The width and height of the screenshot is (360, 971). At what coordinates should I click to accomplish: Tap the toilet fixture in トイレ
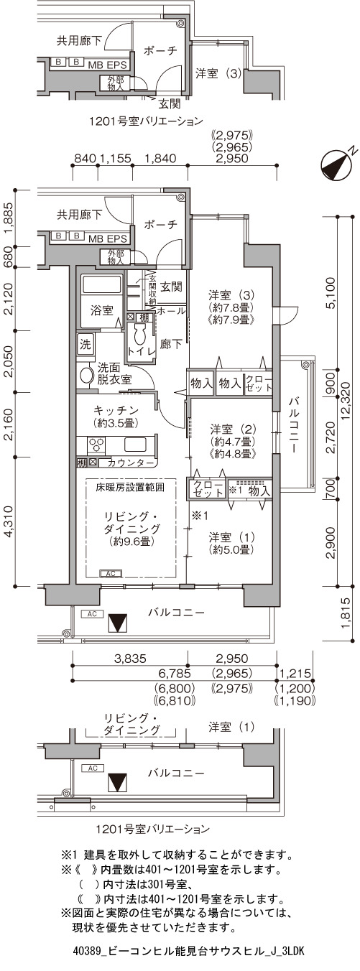pyautogui.click(x=141, y=335)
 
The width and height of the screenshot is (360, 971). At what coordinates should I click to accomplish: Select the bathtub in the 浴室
pyautogui.click(x=102, y=285)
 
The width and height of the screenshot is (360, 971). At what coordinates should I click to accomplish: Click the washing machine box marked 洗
pyautogui.click(x=86, y=345)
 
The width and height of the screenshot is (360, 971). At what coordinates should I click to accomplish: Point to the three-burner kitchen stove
pyautogui.click(x=96, y=445)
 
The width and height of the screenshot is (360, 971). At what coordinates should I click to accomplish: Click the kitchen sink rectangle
pyautogui.click(x=137, y=445)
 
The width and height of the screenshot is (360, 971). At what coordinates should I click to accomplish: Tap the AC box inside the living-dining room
pyautogui.click(x=111, y=574)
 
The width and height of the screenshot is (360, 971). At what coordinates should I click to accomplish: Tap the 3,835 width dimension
pyautogui.click(x=130, y=659)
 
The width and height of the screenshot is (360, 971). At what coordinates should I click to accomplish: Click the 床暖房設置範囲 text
pyautogui.click(x=130, y=487)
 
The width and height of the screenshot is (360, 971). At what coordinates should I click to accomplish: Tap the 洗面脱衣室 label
pyautogui.click(x=114, y=373)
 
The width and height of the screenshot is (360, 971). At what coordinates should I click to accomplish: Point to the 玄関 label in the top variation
pyautogui.click(x=169, y=104)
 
